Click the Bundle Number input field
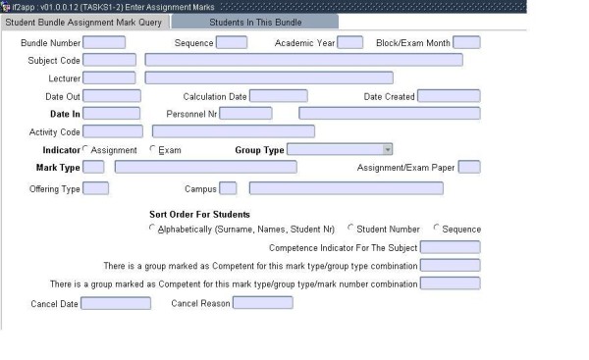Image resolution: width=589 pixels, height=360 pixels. point(104,42)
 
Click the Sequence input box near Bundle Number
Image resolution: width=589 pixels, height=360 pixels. point(231,42)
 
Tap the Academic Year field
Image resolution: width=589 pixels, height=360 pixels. point(349,42)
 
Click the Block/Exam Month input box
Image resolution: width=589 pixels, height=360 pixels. point(466,42)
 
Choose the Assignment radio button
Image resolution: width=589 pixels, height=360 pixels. point(86,150)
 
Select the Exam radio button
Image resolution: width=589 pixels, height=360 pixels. point(152,150)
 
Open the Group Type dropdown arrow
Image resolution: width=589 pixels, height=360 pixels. point(388,149)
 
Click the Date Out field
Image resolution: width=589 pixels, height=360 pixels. point(112,96)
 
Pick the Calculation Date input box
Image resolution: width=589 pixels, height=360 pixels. point(278,96)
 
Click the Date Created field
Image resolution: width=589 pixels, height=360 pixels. point(449,96)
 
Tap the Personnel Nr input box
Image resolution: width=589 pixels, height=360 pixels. point(245,114)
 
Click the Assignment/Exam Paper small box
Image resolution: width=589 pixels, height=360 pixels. point(469,167)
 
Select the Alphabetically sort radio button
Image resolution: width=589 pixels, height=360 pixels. point(152,229)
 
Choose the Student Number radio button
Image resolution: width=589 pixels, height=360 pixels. point(351,229)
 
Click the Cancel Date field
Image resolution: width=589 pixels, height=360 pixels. point(116,303)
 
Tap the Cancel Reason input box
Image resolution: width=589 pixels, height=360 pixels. point(262,303)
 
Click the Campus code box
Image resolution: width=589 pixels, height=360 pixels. point(228,188)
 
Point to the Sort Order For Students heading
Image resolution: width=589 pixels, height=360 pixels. point(199,214)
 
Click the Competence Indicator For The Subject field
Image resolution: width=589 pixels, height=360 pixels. point(450,247)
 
